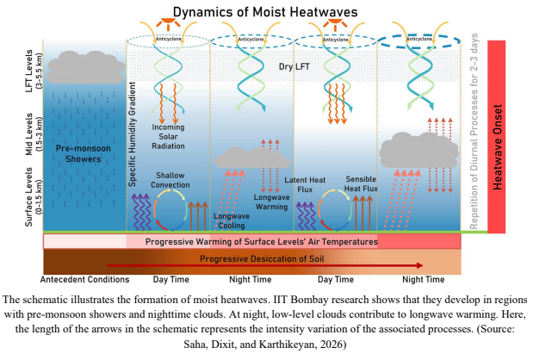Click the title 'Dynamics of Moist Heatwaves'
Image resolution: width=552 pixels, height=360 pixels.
(276, 12)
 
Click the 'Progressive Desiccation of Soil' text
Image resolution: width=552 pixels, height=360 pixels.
(254, 258)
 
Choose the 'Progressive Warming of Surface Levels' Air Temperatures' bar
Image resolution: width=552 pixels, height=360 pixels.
(254, 242)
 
